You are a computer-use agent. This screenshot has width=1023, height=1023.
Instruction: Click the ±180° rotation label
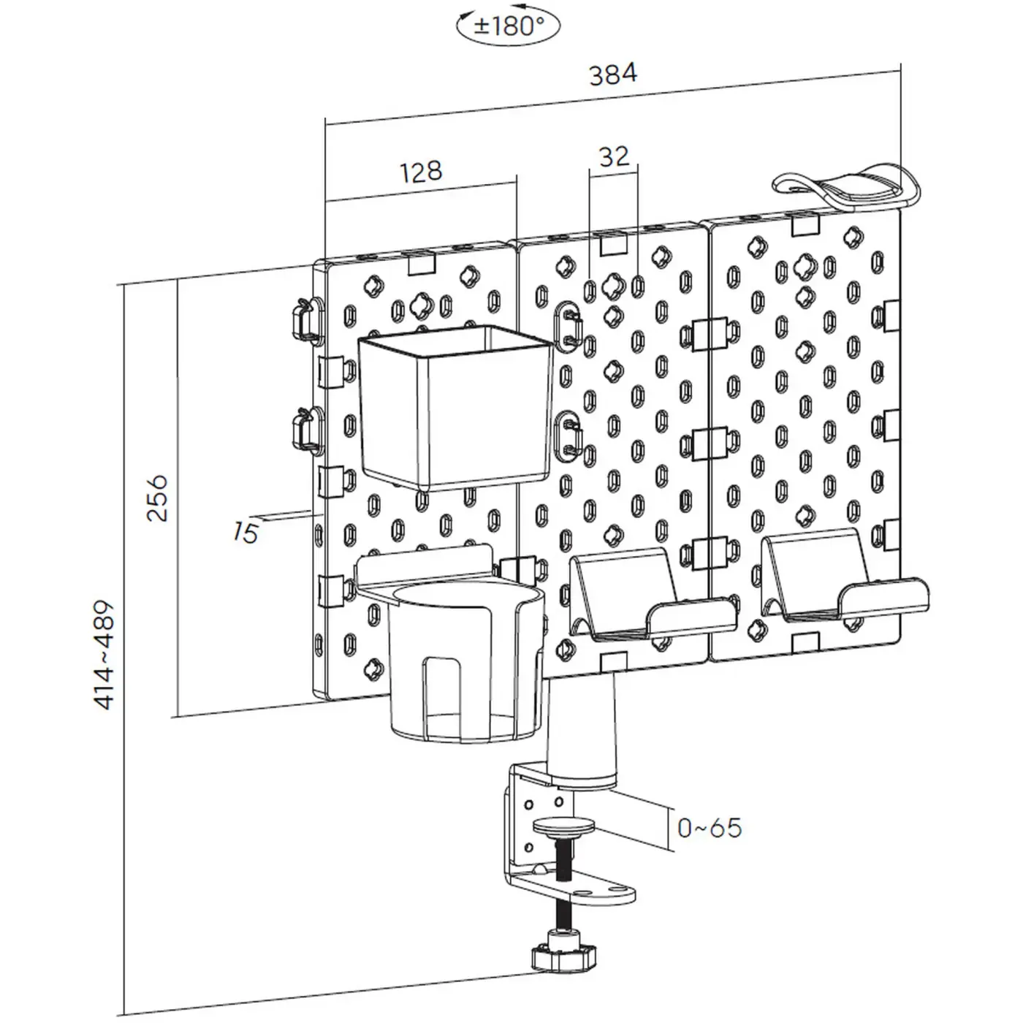pyautogui.click(x=509, y=27)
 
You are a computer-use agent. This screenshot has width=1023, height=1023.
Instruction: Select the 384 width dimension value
pyautogui.click(x=612, y=73)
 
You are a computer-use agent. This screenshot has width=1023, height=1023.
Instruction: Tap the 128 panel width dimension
pyautogui.click(x=422, y=171)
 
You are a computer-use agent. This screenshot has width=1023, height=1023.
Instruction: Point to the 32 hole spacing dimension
pyautogui.click(x=613, y=156)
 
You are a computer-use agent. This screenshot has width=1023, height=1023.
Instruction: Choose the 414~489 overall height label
pyautogui.click(x=104, y=655)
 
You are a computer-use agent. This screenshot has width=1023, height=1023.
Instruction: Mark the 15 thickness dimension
pyautogui.click(x=246, y=532)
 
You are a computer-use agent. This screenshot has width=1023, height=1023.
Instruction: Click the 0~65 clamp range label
pyautogui.click(x=709, y=828)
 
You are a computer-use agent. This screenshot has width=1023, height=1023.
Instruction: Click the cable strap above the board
pyautogui.click(x=848, y=188)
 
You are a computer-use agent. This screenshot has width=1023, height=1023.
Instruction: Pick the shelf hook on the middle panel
pyautogui.click(x=643, y=599)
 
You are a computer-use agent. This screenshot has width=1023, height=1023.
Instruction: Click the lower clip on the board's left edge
pyautogui.click(x=305, y=430)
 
